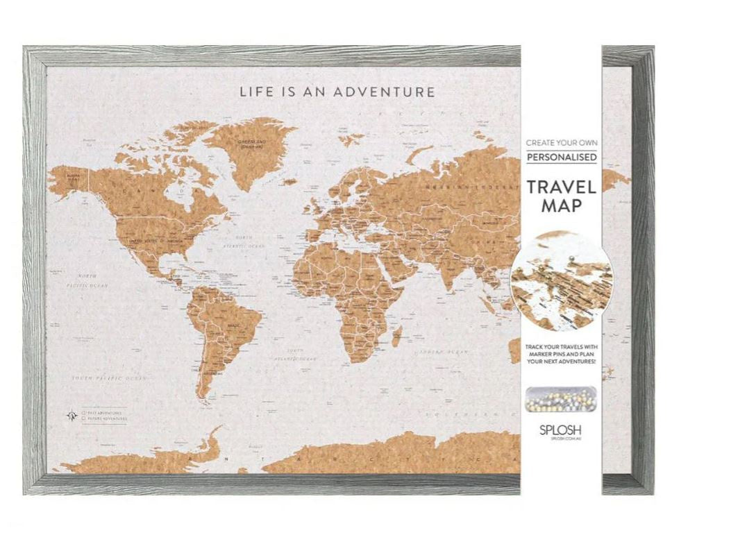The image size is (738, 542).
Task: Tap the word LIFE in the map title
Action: [x=254, y=92]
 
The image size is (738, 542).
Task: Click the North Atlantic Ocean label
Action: [x=243, y=244]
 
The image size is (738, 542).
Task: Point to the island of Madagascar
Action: [x=396, y=338]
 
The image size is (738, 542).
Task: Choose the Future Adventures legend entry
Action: [x=105, y=419]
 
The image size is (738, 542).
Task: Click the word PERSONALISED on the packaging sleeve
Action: [x=561, y=158]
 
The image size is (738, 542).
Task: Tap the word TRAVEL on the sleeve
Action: [x=561, y=187]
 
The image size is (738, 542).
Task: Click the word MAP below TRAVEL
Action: [x=561, y=206]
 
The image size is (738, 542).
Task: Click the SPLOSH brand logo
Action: [x=561, y=430]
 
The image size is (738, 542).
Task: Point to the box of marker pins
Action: [x=561, y=399]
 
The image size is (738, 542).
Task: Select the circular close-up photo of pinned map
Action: [x=561, y=281]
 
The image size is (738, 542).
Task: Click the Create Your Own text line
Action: [x=561, y=142]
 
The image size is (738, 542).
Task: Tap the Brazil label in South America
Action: [x=233, y=325]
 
